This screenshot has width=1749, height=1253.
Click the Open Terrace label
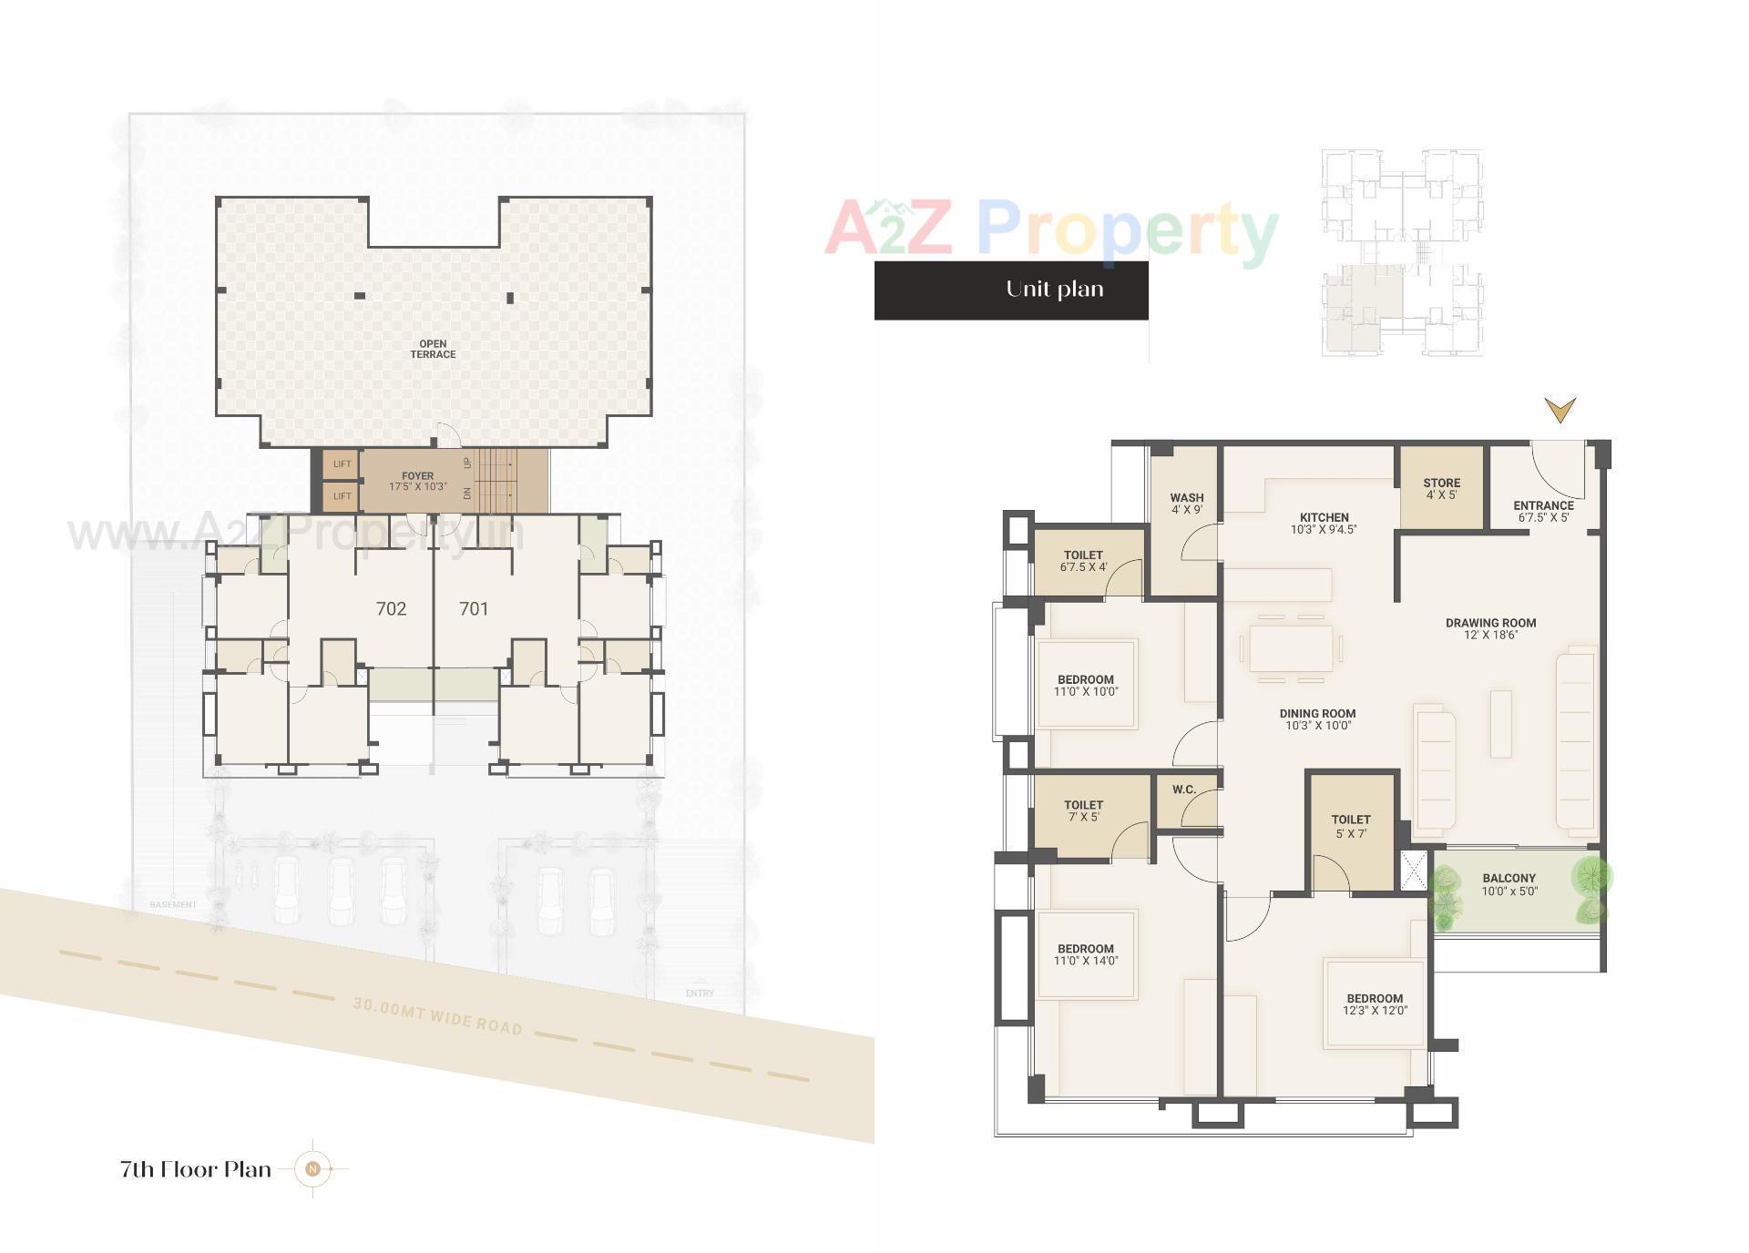coord(433,350)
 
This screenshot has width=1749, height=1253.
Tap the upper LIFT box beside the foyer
coord(342,464)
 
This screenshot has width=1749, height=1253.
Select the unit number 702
coord(391,608)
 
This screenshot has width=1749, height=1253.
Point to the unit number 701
coord(474,608)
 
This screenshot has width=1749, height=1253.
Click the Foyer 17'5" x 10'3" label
coord(418,481)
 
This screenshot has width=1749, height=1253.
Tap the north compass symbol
coord(313,1168)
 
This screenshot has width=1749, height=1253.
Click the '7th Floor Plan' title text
coord(196,1169)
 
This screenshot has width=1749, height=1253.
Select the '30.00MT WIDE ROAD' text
coord(437,1016)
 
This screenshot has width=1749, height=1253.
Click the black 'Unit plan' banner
coord(1011,290)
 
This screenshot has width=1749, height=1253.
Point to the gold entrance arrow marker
coord(1560,410)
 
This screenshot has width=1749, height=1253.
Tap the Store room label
coord(1441,489)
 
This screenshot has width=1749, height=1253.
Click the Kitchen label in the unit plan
coord(1324,523)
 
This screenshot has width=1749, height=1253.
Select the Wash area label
coord(1186,504)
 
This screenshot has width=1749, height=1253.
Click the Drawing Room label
coord(1490,628)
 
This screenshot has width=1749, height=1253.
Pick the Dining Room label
coord(1317,719)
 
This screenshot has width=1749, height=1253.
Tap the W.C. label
coord(1184,789)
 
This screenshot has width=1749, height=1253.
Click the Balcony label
coord(1509,885)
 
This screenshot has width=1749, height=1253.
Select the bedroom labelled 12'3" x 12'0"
coord(1375,1003)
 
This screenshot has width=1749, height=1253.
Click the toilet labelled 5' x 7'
coord(1350,826)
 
